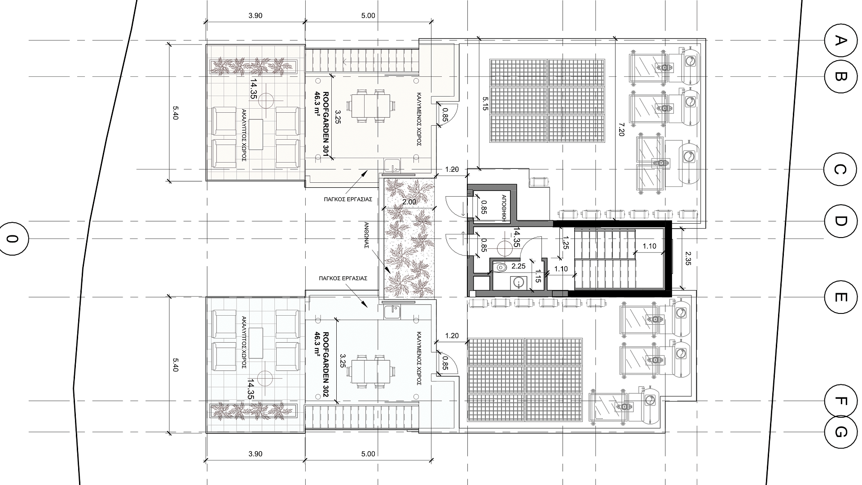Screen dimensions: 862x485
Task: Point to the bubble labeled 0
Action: pos(13,238)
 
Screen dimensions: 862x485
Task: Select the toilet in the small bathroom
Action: pos(499,268)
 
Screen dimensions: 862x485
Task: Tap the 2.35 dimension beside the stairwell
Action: pos(688,258)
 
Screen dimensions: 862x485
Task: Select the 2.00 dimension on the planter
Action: pos(409,202)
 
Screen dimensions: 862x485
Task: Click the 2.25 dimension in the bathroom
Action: pos(519,266)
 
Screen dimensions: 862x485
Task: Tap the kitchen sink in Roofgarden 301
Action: pos(393,166)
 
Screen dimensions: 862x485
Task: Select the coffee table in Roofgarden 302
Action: pos(256,343)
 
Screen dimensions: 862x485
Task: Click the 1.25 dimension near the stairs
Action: pos(566,242)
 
